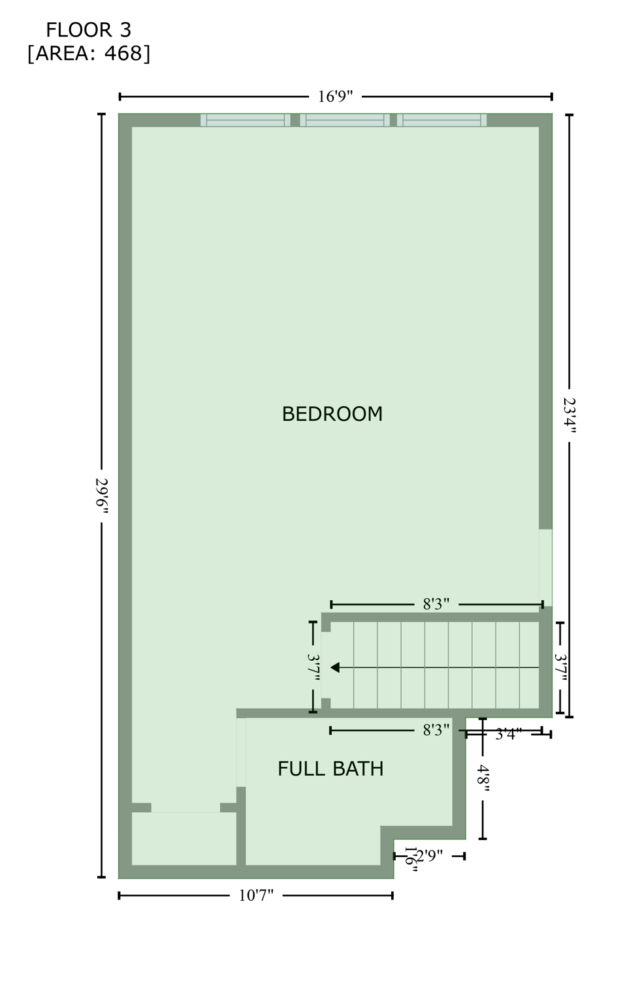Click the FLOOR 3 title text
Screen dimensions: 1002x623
88,30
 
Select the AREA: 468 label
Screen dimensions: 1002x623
88,53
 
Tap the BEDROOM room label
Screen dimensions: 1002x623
332,414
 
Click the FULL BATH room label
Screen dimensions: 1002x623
330,769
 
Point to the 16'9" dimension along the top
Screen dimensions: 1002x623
335,97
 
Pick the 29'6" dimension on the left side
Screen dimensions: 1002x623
102,496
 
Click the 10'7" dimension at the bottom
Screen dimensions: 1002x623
255,896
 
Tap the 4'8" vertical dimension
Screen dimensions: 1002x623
483,778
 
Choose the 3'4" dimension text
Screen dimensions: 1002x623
508,735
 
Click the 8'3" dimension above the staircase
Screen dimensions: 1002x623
436,604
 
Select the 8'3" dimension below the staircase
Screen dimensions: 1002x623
436,731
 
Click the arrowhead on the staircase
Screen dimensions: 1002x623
335,667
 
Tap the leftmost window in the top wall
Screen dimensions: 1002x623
246,120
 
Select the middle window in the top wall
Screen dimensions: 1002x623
345,120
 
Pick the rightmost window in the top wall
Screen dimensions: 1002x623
441,120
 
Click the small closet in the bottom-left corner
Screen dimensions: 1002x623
184,838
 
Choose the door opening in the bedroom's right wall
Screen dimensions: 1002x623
545,568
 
